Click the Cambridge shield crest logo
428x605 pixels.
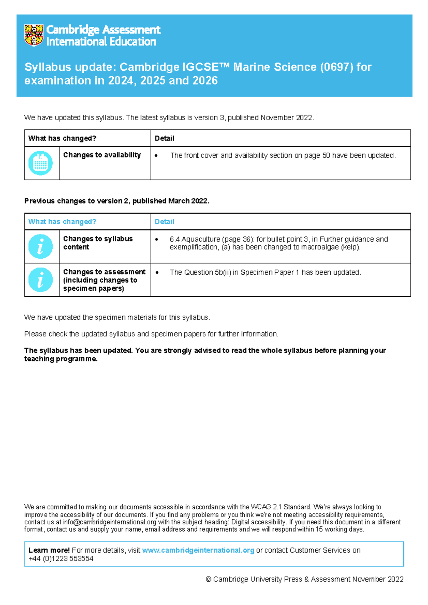(34, 35)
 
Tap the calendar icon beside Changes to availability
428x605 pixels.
(41, 163)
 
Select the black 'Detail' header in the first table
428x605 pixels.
(164, 138)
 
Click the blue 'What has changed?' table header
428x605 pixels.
(62, 222)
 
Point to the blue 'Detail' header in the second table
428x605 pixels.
(164, 222)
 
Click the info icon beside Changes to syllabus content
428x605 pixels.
(41, 246)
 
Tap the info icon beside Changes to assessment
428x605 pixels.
(41, 280)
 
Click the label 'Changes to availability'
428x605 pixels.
(102, 155)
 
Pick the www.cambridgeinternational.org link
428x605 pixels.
(198, 550)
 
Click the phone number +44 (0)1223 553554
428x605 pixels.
(61, 559)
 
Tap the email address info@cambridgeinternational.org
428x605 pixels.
(110, 522)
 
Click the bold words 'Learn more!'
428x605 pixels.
(49, 550)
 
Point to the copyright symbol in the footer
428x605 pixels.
(209, 579)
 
